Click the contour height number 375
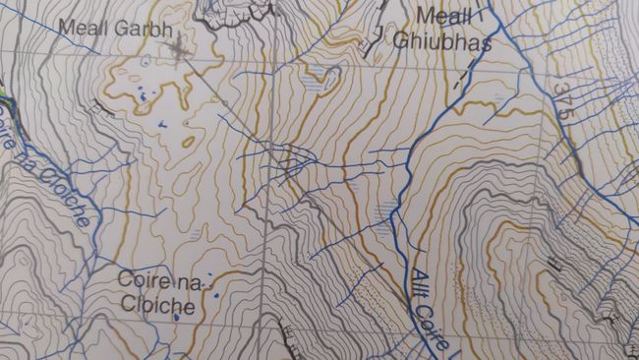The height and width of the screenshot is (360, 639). click(x=561, y=101)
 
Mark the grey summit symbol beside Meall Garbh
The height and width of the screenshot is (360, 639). click(x=178, y=45)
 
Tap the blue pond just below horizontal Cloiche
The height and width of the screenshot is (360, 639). click(x=176, y=318)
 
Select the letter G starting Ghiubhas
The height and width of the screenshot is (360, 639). click(x=400, y=40)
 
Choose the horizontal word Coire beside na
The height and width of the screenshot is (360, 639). click(x=145, y=281)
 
